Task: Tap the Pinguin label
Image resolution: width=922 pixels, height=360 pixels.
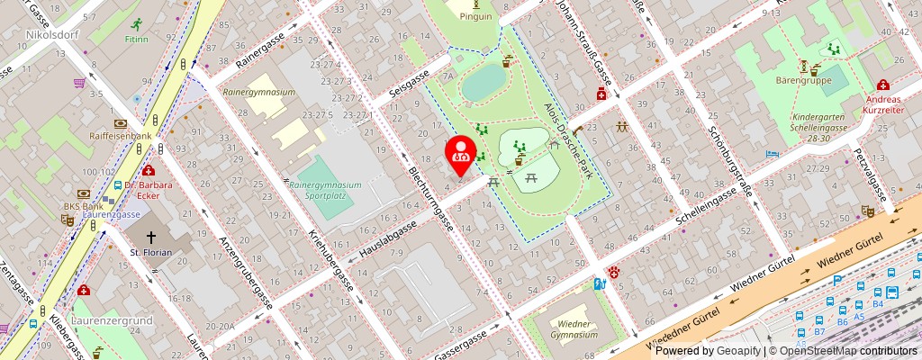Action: (475, 16)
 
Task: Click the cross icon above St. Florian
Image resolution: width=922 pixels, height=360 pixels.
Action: (151, 233)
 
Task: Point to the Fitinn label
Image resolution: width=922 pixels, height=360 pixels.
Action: (137, 40)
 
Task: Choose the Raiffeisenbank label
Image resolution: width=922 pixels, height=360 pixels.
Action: (121, 136)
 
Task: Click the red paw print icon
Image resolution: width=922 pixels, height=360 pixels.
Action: (614, 271)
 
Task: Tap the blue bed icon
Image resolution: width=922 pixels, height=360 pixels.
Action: (771, 155)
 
